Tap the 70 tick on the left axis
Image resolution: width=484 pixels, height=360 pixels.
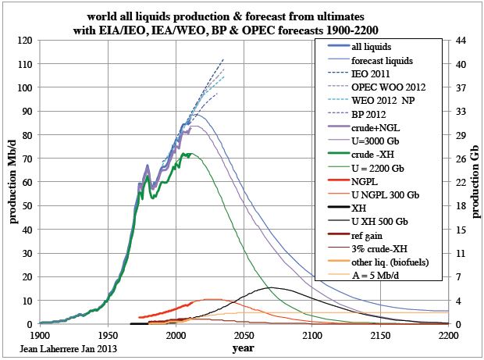tap(27, 159)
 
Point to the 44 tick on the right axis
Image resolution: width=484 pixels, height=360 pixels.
tap(457, 41)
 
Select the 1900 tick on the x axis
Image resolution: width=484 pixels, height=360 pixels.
tap(39, 335)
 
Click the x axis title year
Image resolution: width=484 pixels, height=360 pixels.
tap(243, 348)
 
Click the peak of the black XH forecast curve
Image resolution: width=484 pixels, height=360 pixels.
tap(271, 287)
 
